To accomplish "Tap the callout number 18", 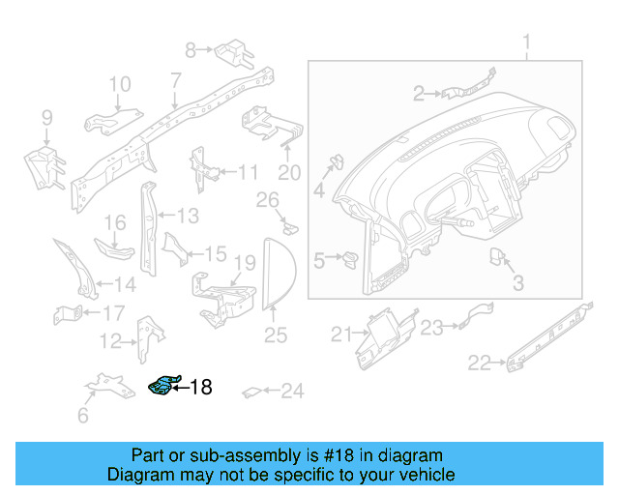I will pos(200,388).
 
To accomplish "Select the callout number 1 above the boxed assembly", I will pos(527,43).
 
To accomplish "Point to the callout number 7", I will pos(175,79).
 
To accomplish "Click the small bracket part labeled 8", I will pos(233,47).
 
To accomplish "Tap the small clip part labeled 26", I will pos(290,228).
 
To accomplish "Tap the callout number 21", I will pos(339,335).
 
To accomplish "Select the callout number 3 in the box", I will pos(517,283).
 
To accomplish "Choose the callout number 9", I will pos(45,118).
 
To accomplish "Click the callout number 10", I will pos(119,85).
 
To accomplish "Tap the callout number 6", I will pos(83,416).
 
